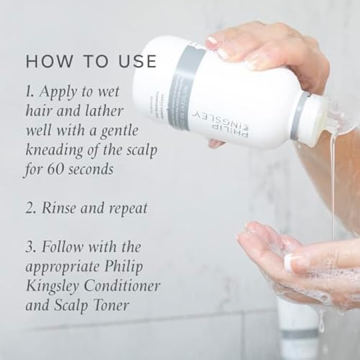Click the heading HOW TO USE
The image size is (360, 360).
(x=91, y=61)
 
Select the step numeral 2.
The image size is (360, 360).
(x=30, y=208)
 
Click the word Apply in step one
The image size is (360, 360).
(x=58, y=93)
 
